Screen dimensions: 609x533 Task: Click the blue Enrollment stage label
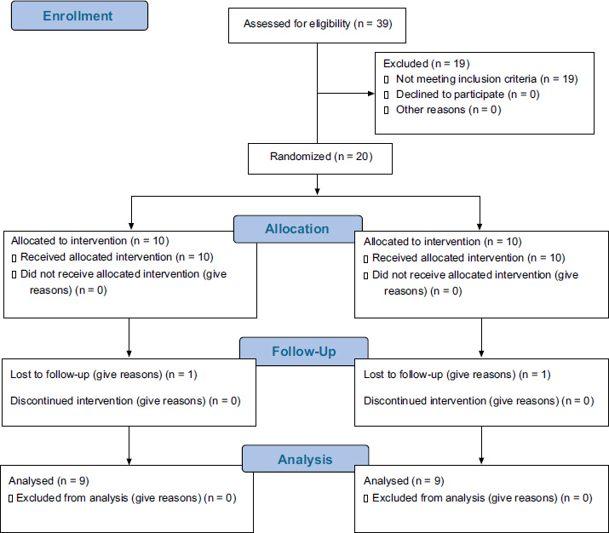pos(79,15)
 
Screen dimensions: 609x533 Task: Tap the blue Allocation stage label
pos(297,229)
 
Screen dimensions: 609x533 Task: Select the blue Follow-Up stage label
pos(304,351)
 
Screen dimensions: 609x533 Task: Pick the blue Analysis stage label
pos(305,459)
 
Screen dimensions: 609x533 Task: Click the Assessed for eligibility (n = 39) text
pos(318,24)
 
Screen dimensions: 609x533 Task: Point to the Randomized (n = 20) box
pos(320,158)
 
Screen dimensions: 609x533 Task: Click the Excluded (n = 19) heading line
pos(427,63)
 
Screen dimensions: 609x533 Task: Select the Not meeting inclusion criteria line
pos(486,79)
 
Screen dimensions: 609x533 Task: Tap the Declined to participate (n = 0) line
pos(468,95)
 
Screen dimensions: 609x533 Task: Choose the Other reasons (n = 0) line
pos(449,110)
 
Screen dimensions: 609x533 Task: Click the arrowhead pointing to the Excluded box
pos(371,93)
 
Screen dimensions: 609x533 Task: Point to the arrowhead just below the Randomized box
pos(318,191)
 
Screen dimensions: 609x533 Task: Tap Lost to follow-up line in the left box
pos(104,375)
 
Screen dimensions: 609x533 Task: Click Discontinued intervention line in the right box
pos(479,401)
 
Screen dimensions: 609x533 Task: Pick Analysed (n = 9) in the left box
pos(49,481)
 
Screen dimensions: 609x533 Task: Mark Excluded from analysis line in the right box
pos(482,498)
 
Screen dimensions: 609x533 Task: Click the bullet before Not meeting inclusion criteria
pos(386,79)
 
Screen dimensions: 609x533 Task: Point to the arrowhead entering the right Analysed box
pos(481,461)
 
